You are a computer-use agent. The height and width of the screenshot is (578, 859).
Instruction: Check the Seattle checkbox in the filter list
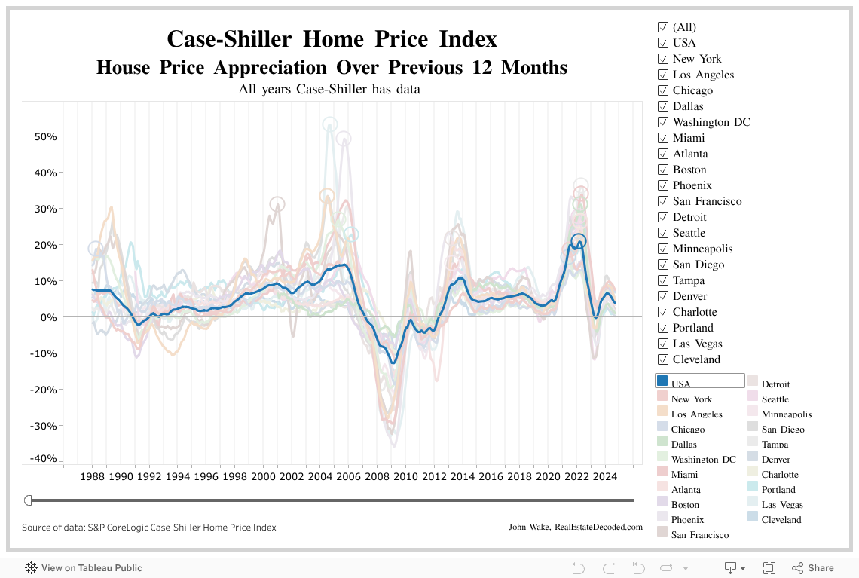[x=663, y=233]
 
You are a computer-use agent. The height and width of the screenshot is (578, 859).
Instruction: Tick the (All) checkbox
[x=663, y=27]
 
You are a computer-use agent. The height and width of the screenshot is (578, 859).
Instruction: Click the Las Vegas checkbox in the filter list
[x=663, y=344]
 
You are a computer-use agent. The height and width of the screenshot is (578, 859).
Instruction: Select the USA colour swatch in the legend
[x=662, y=381]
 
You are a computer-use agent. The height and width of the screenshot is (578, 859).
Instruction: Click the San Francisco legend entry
[x=699, y=534]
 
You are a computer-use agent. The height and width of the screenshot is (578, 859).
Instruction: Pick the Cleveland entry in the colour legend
[x=781, y=519]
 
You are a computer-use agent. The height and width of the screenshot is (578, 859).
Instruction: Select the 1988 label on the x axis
[x=93, y=476]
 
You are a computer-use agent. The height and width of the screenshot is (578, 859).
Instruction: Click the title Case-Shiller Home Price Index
[x=332, y=38]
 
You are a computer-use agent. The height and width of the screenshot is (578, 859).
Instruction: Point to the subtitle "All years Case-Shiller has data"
[x=329, y=90]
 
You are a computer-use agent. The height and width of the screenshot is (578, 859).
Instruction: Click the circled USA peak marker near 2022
[x=578, y=241]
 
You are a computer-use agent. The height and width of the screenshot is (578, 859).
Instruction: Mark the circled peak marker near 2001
[x=277, y=203]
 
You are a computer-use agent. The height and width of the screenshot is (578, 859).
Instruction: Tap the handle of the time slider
[x=28, y=500]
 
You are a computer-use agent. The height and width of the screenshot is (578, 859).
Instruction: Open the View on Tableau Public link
[x=84, y=568]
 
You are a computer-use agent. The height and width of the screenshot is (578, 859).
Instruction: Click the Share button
[x=813, y=568]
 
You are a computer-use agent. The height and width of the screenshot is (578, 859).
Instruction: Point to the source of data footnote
[x=148, y=528]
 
